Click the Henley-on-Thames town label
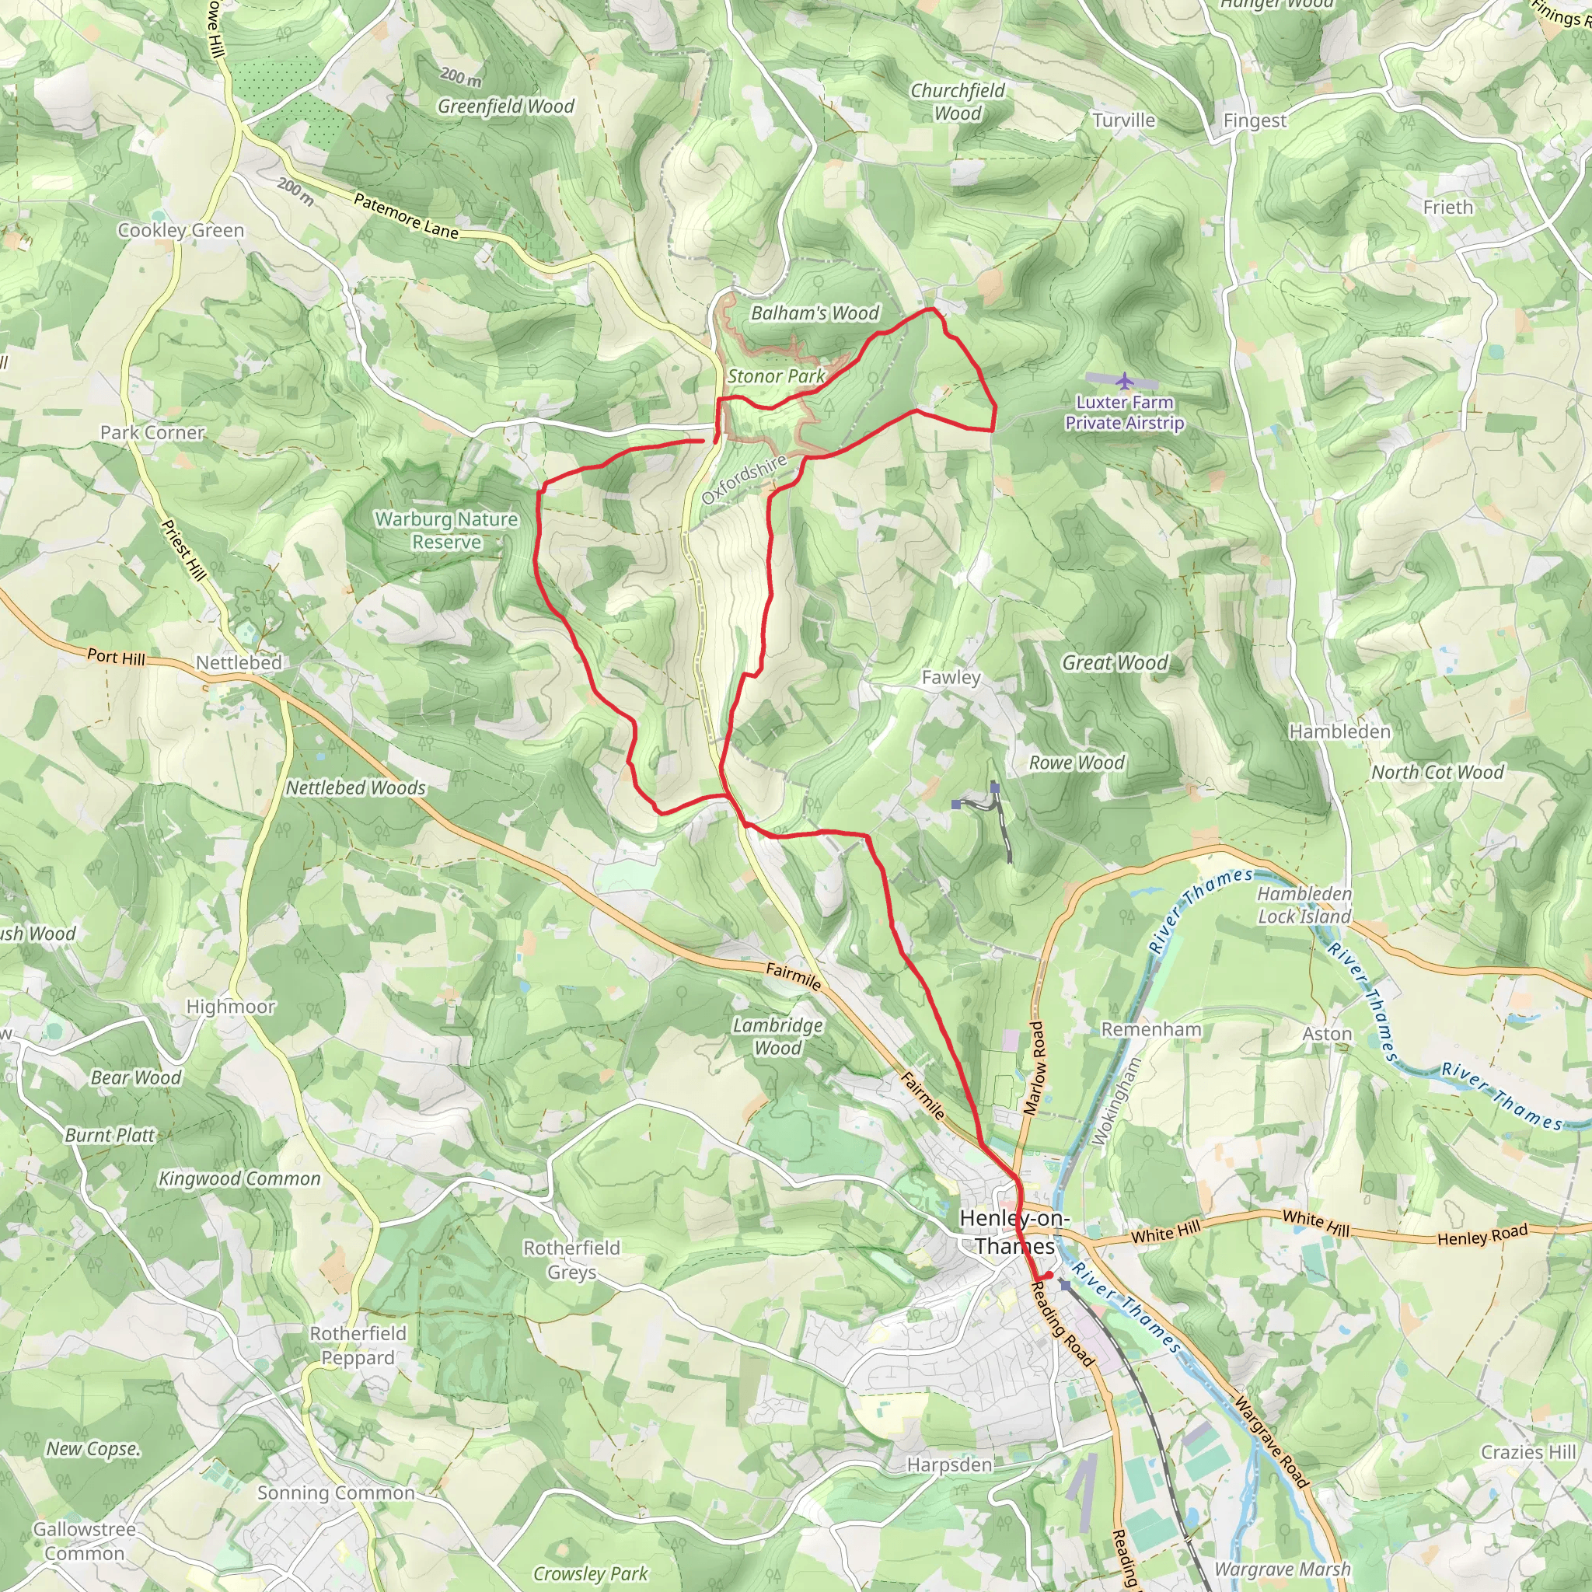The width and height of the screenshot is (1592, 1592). [1014, 1232]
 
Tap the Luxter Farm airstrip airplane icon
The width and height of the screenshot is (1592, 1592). [1125, 381]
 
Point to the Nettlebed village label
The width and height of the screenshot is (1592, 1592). [239, 662]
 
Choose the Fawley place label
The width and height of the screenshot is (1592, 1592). [951, 677]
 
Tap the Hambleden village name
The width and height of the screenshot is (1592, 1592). [1339, 731]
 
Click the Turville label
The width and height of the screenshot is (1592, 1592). [1124, 120]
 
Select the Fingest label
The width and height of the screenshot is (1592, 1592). [1254, 121]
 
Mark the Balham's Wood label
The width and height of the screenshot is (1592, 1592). [815, 313]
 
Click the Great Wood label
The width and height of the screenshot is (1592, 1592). [1114, 662]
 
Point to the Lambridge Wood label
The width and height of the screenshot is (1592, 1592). [778, 1037]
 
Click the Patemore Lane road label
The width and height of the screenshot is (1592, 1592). [406, 216]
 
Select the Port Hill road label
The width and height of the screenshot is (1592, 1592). [116, 658]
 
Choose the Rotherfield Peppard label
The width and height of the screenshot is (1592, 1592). [358, 1346]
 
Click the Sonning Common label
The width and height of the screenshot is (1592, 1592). [336, 1493]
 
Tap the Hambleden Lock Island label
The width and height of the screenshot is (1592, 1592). [1304, 905]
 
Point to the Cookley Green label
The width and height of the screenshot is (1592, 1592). [181, 231]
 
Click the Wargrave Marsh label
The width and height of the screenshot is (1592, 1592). [1282, 1569]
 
